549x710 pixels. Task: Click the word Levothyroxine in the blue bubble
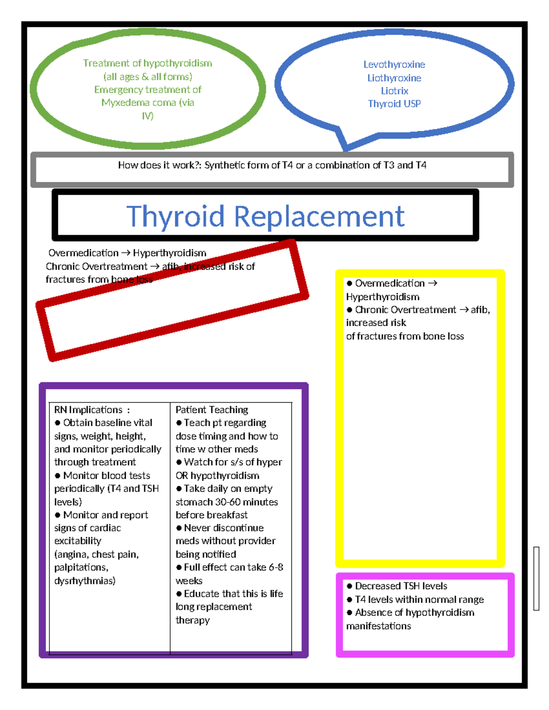394,64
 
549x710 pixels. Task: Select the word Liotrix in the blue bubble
394,91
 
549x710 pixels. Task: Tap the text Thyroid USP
394,104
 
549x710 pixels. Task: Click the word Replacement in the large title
319,216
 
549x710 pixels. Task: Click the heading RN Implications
88,410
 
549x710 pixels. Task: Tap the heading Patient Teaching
212,410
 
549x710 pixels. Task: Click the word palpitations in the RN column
81,567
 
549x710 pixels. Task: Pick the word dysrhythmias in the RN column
85,581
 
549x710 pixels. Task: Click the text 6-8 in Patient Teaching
276,567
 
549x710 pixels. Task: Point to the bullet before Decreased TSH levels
350,586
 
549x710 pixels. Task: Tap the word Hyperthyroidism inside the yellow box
382,297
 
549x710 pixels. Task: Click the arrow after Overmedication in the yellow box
432,283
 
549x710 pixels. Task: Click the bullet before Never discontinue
179,528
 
